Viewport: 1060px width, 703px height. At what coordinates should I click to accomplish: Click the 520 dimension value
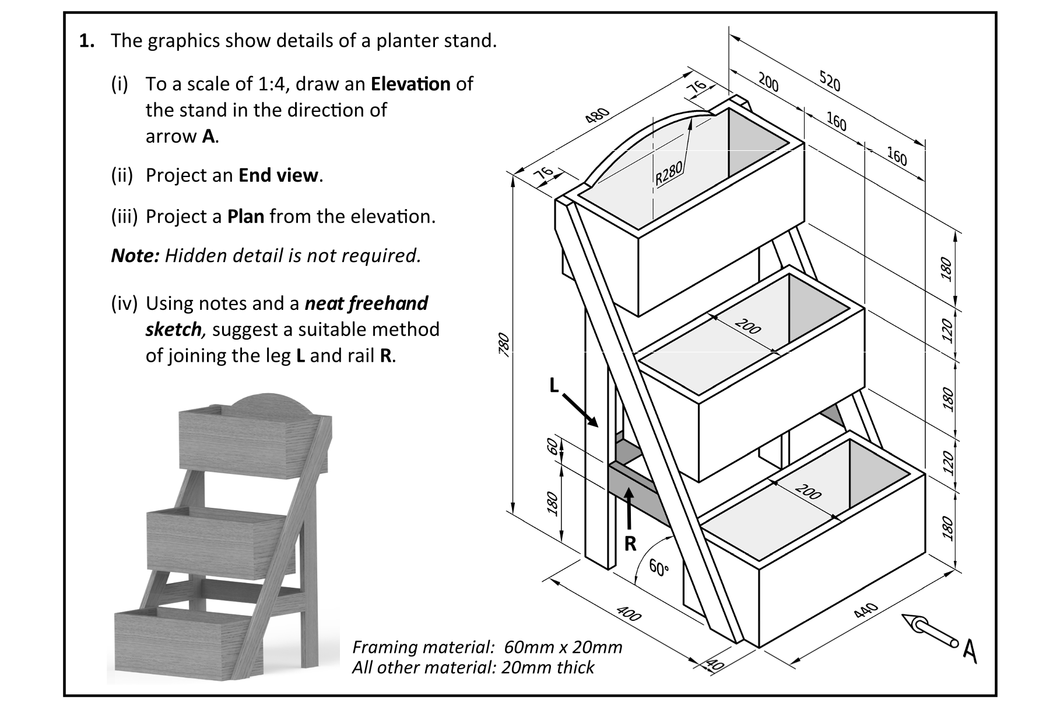pyautogui.click(x=830, y=82)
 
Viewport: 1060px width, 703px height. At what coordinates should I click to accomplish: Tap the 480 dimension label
pyautogui.click(x=597, y=115)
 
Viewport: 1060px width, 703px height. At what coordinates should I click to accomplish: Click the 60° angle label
pyautogui.click(x=658, y=568)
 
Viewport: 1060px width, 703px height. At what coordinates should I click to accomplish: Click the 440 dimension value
pyautogui.click(x=865, y=610)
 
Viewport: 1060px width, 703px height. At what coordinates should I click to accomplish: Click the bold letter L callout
pyautogui.click(x=554, y=385)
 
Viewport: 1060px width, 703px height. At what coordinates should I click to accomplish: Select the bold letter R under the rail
pyautogui.click(x=630, y=543)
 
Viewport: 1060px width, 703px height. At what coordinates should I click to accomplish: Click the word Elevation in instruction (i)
pyautogui.click(x=410, y=84)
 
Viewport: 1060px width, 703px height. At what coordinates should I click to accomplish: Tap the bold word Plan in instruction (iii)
pyautogui.click(x=245, y=217)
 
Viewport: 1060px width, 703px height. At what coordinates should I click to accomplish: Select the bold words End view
pyautogui.click(x=279, y=175)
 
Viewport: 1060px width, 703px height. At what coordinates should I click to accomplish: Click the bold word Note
pyautogui.click(x=135, y=256)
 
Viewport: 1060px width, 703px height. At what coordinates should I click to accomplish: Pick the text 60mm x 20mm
pyautogui.click(x=563, y=647)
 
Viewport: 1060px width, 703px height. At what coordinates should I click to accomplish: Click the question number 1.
pyautogui.click(x=86, y=41)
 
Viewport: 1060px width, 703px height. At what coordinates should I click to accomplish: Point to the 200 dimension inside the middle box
pyautogui.click(x=748, y=327)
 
